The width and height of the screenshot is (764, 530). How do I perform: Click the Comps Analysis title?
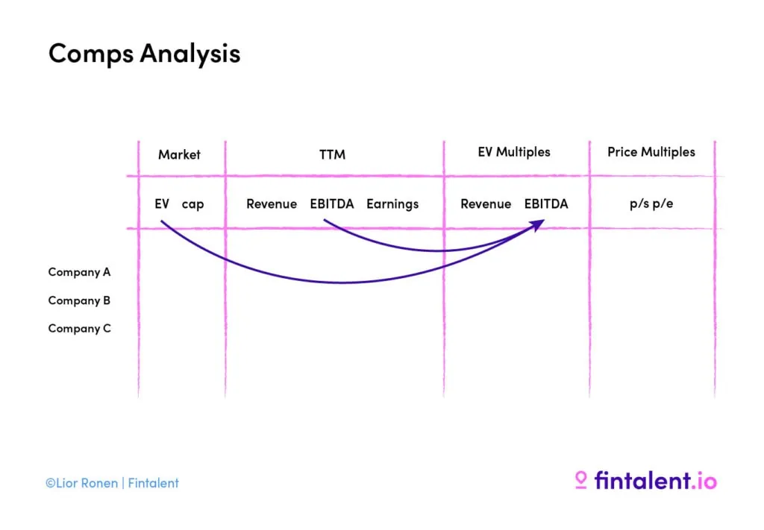tap(144, 54)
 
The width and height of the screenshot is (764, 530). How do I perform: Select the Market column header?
tap(179, 154)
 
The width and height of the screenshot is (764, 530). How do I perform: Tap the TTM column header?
tap(332, 154)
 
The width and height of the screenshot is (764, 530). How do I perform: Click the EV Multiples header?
tap(514, 152)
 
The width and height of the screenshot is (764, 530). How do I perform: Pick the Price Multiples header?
tap(651, 152)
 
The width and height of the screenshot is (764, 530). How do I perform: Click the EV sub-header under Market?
tap(162, 204)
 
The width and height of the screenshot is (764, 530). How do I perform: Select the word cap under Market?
tap(192, 204)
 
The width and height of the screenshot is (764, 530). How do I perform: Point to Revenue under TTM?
tap(272, 204)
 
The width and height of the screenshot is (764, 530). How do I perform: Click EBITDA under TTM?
tap(332, 204)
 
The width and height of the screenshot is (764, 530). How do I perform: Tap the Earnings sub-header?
tap(392, 204)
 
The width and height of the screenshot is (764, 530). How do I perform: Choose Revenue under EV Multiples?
tap(486, 204)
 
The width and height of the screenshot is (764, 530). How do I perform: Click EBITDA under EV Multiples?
tap(546, 204)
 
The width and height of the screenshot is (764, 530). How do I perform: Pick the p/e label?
tap(663, 204)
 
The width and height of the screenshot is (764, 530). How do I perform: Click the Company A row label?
tap(79, 272)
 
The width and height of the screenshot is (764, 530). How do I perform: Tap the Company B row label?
tap(79, 300)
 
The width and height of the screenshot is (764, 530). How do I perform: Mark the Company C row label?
tap(79, 328)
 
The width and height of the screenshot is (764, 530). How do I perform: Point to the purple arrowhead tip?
tap(544, 221)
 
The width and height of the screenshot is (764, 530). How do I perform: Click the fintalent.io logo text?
tap(655, 480)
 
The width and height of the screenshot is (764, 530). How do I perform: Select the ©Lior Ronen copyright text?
tap(81, 483)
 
